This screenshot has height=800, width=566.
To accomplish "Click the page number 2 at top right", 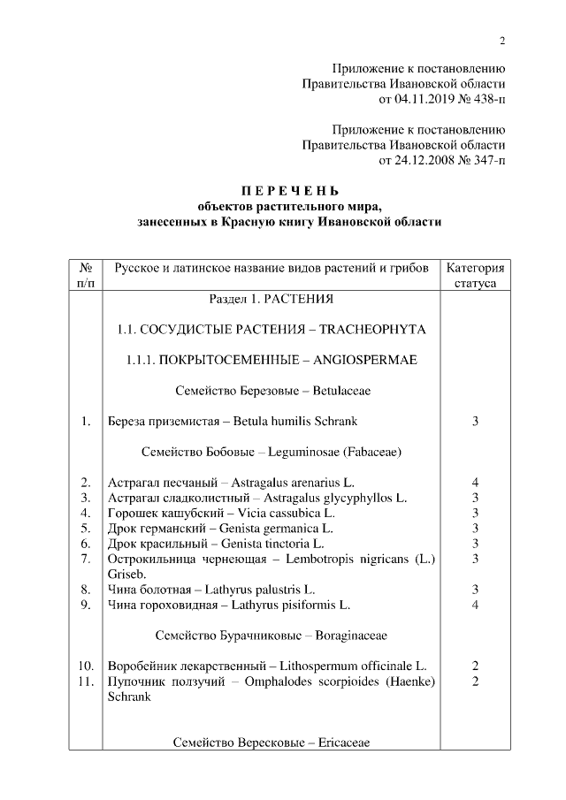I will pyautogui.click(x=502, y=40).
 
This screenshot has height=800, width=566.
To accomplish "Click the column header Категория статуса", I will pyautogui.click(x=475, y=275).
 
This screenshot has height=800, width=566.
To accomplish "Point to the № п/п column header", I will pyautogui.click(x=86, y=275).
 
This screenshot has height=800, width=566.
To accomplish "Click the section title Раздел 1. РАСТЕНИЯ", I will pyautogui.click(x=272, y=298).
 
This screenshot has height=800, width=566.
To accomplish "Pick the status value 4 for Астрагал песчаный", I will pyautogui.click(x=475, y=483).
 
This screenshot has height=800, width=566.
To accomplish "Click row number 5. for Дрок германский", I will pyautogui.click(x=86, y=529).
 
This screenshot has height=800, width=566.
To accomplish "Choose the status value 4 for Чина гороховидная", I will pyautogui.click(x=475, y=605).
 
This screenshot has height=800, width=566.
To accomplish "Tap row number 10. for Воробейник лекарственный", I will pyautogui.click(x=86, y=665).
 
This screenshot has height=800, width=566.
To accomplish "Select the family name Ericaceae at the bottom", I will pyautogui.click(x=338, y=743).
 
